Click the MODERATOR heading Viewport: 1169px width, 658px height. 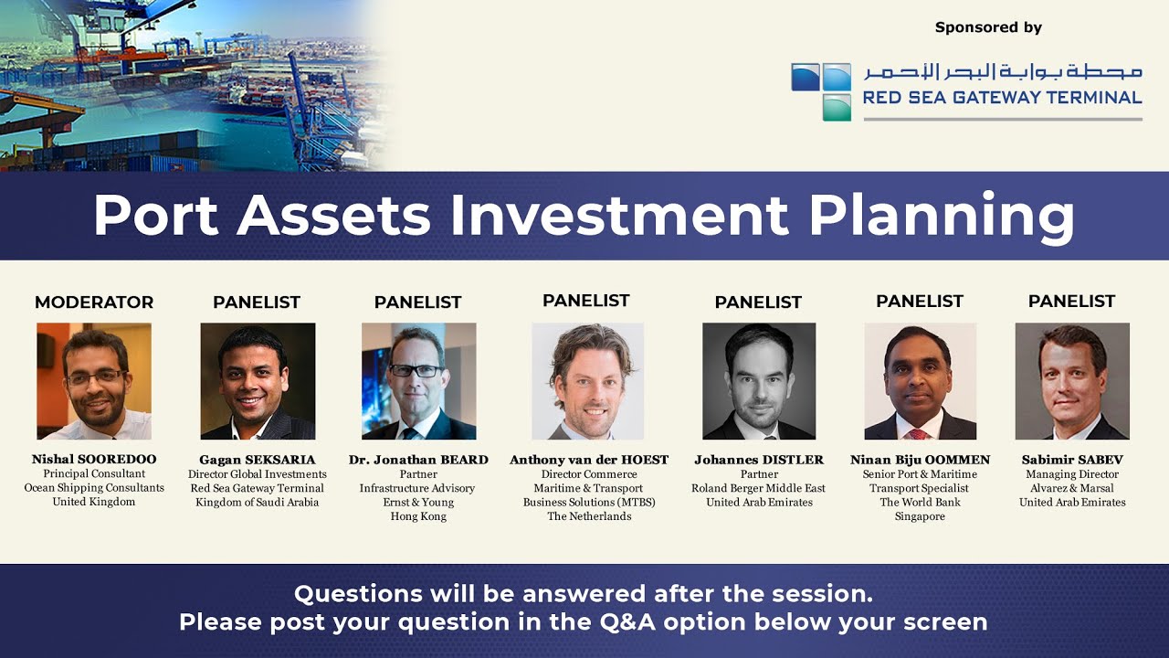94,302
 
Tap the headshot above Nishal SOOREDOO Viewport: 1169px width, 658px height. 94,381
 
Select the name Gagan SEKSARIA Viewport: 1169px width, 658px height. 258,460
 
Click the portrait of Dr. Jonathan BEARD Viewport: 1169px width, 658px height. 418,381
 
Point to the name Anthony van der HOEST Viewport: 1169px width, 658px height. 589,460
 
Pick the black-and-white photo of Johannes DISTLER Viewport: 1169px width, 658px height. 759,381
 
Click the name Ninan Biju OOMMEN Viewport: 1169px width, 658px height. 920,460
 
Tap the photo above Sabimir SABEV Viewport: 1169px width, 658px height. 1072,381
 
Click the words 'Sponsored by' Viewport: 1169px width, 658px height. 988,27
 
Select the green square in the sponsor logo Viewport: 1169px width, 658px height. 837,108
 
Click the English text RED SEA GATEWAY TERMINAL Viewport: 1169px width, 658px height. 1003,98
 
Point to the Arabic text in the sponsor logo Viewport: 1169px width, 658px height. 1003,71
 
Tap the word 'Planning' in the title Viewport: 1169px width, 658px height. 942,218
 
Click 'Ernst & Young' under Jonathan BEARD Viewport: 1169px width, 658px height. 418,503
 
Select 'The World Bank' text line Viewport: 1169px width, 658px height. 920,503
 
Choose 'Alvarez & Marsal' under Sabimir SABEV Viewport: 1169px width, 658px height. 1072,488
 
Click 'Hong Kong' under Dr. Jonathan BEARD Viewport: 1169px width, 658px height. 418,516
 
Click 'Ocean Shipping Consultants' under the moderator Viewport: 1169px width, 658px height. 94,488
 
